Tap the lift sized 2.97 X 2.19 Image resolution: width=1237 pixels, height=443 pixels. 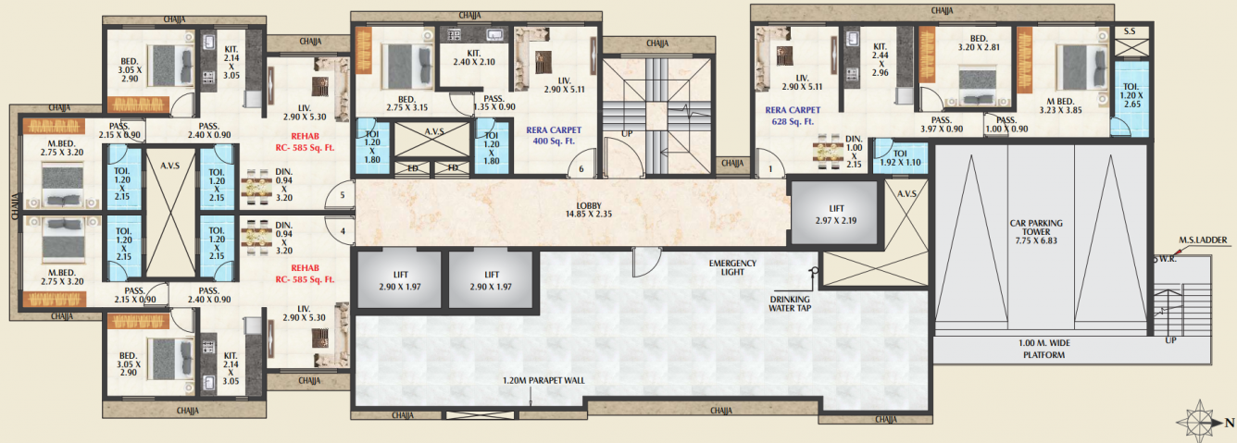(x=832, y=214)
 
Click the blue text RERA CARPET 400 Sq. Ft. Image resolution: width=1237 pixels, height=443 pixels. (x=552, y=136)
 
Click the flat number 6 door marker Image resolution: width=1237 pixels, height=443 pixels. (x=581, y=169)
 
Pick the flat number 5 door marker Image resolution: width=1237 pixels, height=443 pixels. (x=342, y=195)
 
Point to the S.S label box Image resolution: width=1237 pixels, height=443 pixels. (x=1130, y=32)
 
